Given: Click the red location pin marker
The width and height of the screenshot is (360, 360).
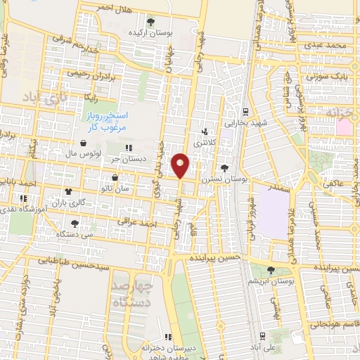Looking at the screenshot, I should (181, 165).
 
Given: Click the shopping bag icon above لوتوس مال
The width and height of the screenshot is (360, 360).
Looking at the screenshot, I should (84, 142).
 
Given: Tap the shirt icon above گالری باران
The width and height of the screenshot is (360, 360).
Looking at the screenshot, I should (69, 191).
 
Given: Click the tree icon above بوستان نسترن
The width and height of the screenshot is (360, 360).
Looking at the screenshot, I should (224, 168).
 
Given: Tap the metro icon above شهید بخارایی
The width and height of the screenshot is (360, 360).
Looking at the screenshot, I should (244, 111).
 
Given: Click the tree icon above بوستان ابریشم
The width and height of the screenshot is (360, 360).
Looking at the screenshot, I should (271, 271).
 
